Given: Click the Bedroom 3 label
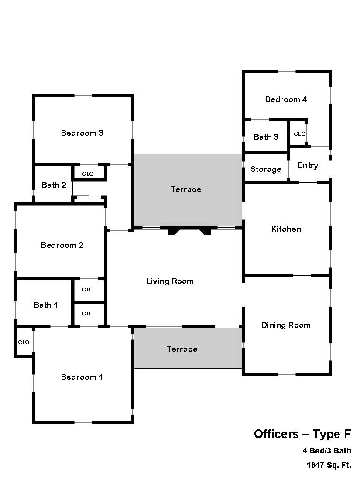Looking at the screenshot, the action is (82, 133).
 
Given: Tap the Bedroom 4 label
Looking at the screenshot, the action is (286, 99).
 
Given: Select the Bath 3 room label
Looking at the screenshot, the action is (266, 137).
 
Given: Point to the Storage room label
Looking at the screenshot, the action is (266, 169).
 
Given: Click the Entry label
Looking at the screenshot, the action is (308, 166).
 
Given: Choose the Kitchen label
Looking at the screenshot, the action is (286, 229).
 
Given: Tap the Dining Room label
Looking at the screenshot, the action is (286, 325).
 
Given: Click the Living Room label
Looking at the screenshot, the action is (170, 281).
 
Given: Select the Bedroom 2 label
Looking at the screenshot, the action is (62, 245).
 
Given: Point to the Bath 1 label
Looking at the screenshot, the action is (46, 305).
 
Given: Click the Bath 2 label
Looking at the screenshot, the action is (54, 185).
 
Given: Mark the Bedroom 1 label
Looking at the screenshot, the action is (82, 377).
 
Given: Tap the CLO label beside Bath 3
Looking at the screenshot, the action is (300, 134).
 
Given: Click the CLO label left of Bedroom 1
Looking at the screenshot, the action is (24, 342).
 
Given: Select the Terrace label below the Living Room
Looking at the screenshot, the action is (182, 349).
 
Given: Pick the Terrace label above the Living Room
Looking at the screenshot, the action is (186, 189).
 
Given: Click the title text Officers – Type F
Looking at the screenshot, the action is (302, 434).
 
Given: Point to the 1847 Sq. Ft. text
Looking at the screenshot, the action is (329, 465).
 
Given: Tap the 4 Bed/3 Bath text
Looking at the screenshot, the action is (327, 451).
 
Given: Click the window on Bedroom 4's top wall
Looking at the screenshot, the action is (287, 72).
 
